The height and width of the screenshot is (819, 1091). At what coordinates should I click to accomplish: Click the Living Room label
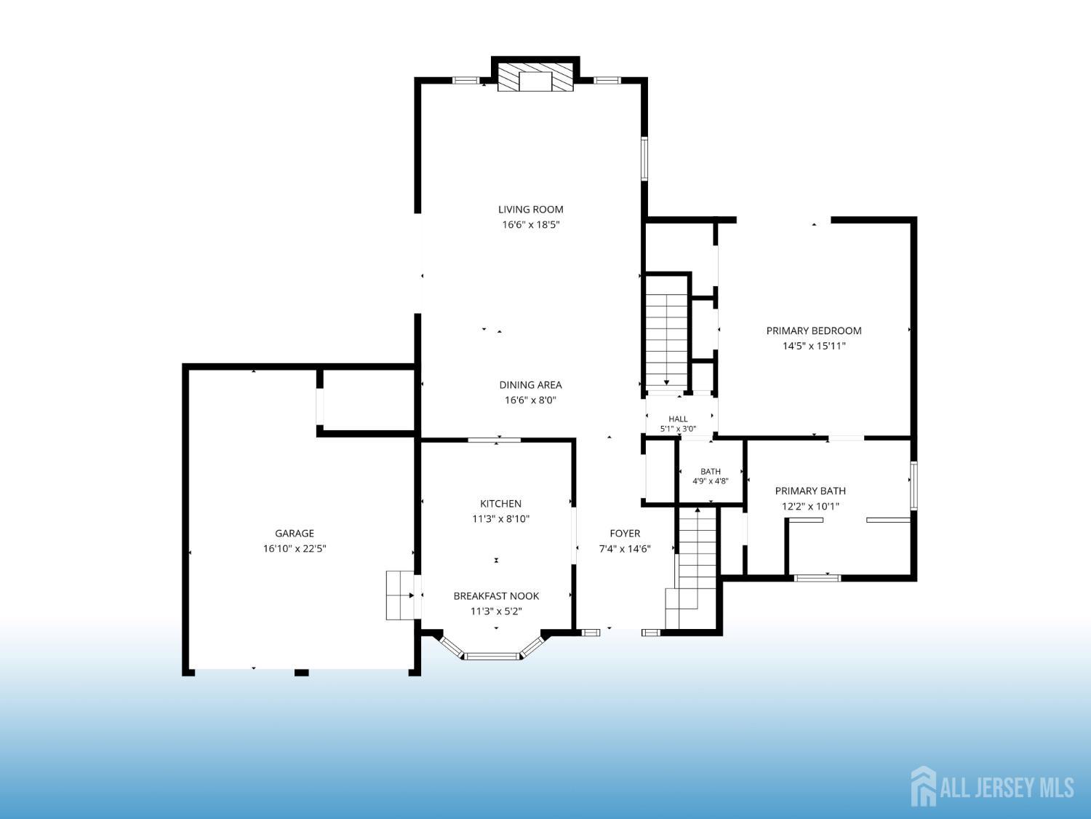[x=531, y=210]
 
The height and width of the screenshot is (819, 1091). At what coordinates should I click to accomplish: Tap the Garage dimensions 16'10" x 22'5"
[x=295, y=548]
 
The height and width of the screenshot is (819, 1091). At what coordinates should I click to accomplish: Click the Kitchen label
[x=500, y=504]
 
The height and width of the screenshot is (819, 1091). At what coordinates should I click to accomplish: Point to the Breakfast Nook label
[x=496, y=596]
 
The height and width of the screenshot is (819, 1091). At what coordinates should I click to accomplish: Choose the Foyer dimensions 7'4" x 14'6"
[x=625, y=548]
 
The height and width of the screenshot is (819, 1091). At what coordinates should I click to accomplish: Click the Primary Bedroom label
[x=814, y=331]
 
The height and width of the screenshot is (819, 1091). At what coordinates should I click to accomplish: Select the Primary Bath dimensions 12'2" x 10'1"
[x=810, y=506]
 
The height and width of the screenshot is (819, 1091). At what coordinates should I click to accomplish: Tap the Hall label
[x=678, y=419]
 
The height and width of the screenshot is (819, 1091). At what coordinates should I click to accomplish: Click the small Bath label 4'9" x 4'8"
[x=711, y=476]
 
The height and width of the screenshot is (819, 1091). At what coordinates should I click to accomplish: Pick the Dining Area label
[x=530, y=385]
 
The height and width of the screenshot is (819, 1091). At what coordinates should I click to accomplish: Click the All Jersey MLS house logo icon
[x=923, y=786]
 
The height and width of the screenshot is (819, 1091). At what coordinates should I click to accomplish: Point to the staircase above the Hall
[x=666, y=340]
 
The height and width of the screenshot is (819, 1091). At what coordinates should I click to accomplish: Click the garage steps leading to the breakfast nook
[x=400, y=596]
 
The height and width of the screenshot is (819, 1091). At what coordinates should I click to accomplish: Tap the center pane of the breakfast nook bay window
[x=492, y=657]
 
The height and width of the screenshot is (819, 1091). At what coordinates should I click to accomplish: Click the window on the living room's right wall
[x=644, y=159]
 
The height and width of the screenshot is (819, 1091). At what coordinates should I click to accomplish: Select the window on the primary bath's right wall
[x=914, y=486]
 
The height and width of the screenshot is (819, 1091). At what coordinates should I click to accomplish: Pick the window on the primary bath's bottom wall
[x=817, y=578]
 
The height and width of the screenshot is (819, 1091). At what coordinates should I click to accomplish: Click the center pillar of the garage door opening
[x=302, y=672]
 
